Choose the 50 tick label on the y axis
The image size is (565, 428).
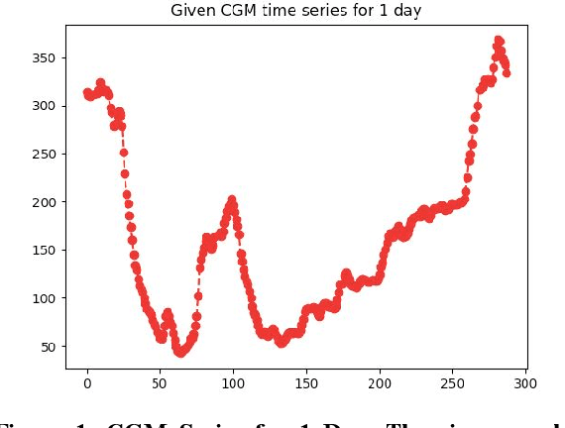point(47,346)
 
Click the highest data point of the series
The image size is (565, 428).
point(499,41)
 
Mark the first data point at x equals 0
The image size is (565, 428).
point(87,93)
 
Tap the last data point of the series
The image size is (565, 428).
point(507,72)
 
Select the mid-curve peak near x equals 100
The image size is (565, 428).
point(232,200)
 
